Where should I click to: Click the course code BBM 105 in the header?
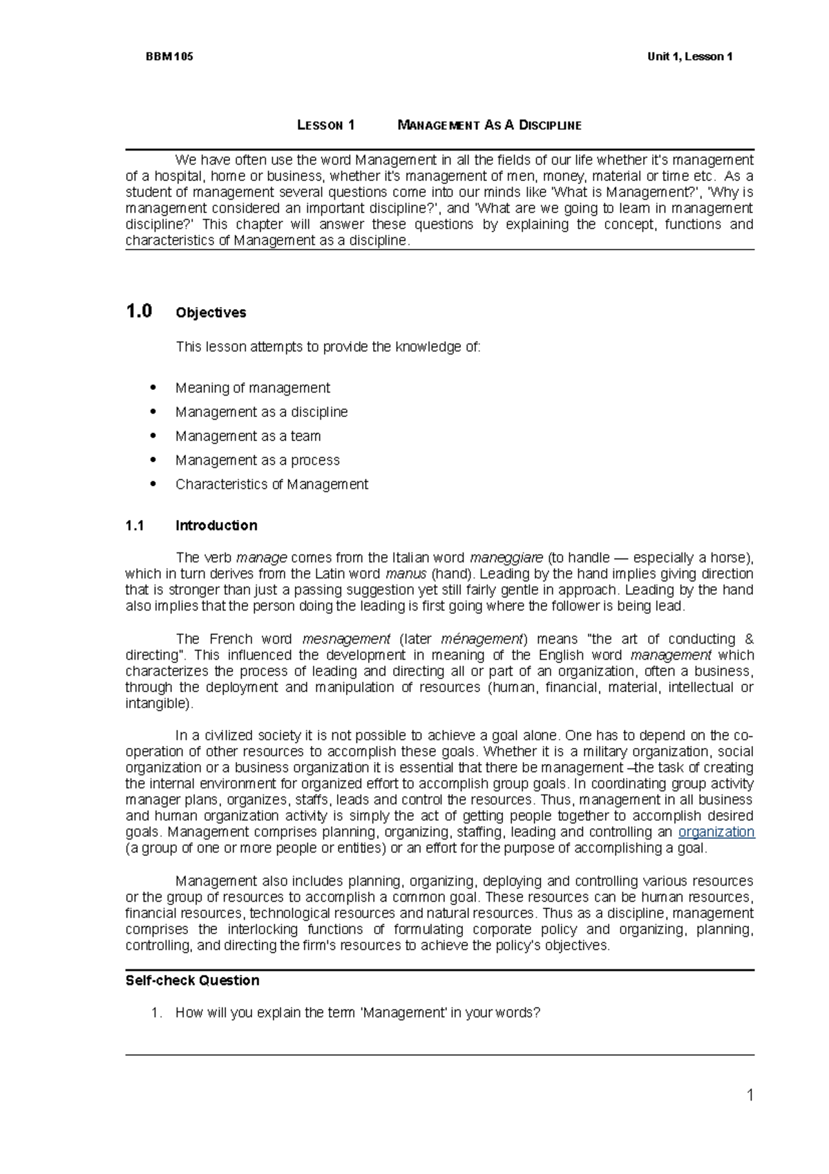coord(169,57)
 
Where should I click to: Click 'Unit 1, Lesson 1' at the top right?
coord(689,57)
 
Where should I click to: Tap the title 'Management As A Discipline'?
coord(489,125)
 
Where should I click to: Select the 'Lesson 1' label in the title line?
coord(325,125)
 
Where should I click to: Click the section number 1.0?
coord(139,312)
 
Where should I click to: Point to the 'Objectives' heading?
coord(211,313)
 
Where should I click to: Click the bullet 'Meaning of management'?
coord(252,388)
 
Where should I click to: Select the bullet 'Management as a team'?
coord(247,436)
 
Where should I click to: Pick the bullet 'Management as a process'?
coord(257,460)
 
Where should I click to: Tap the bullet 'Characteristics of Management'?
coord(271,485)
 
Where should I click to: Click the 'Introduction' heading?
coord(216,525)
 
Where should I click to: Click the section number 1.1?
coord(135,525)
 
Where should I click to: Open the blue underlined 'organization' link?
coord(716,832)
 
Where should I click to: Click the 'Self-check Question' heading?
coord(192,980)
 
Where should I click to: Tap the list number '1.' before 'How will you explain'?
coord(157,1013)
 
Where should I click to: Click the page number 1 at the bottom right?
coord(750,1095)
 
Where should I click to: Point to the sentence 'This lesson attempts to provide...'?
coord(327,347)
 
